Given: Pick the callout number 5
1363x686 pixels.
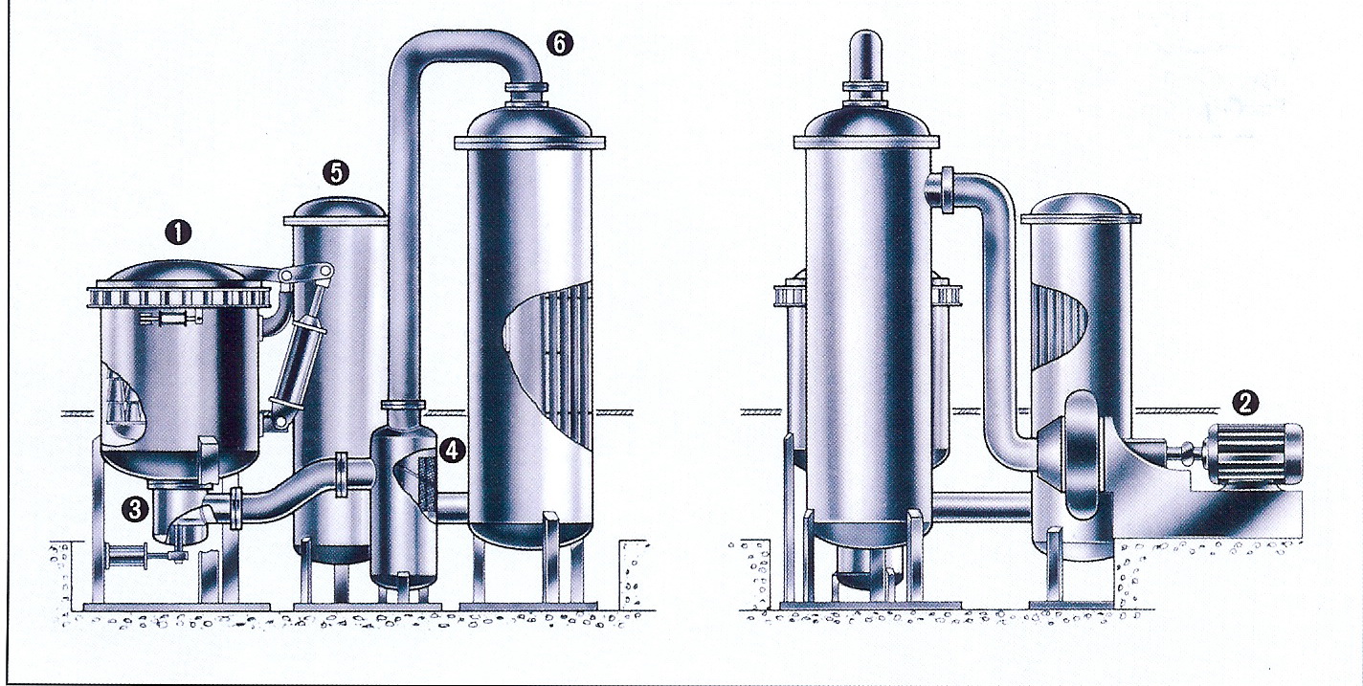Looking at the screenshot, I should [335, 173].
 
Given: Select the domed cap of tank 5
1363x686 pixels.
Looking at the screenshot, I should [336, 208].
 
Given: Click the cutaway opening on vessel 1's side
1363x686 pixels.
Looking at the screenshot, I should [124, 402].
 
